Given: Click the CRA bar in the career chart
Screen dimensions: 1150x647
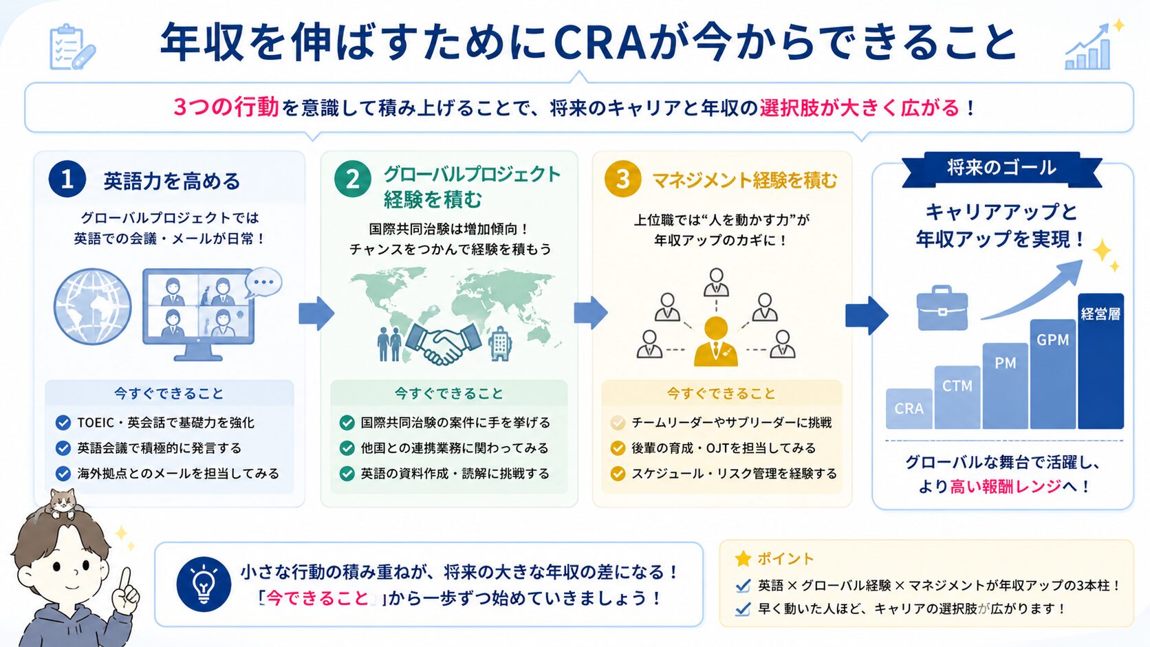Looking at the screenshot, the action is click(909, 408).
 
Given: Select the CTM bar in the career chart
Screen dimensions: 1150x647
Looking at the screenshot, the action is click(957, 397).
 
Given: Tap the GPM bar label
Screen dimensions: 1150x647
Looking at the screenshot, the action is click(1052, 340).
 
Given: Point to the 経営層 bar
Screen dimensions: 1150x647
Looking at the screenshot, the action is click(1100, 361).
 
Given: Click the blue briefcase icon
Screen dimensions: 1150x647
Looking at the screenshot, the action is click(942, 308).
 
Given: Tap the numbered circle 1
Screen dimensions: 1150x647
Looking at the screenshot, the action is click(67, 179).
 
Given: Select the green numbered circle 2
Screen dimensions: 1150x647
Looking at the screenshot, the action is click(353, 179).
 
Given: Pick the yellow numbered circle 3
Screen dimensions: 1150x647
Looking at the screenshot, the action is click(622, 179).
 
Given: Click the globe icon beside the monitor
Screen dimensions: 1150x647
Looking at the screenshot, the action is click(92, 307).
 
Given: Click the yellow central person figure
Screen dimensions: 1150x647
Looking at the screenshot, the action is click(716, 341).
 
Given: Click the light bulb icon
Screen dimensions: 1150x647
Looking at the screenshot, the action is click(204, 584).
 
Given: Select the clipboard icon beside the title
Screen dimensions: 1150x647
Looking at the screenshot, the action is click(72, 47).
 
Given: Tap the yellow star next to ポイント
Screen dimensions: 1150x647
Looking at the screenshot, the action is click(743, 558).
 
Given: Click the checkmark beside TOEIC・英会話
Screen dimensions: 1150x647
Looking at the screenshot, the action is click(63, 423).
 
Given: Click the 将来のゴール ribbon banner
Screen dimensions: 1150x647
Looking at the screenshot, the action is click(1001, 169).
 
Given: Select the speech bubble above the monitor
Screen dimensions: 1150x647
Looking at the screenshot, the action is click(263, 282).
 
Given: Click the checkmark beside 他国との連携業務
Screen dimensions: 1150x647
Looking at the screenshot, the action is click(347, 448).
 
